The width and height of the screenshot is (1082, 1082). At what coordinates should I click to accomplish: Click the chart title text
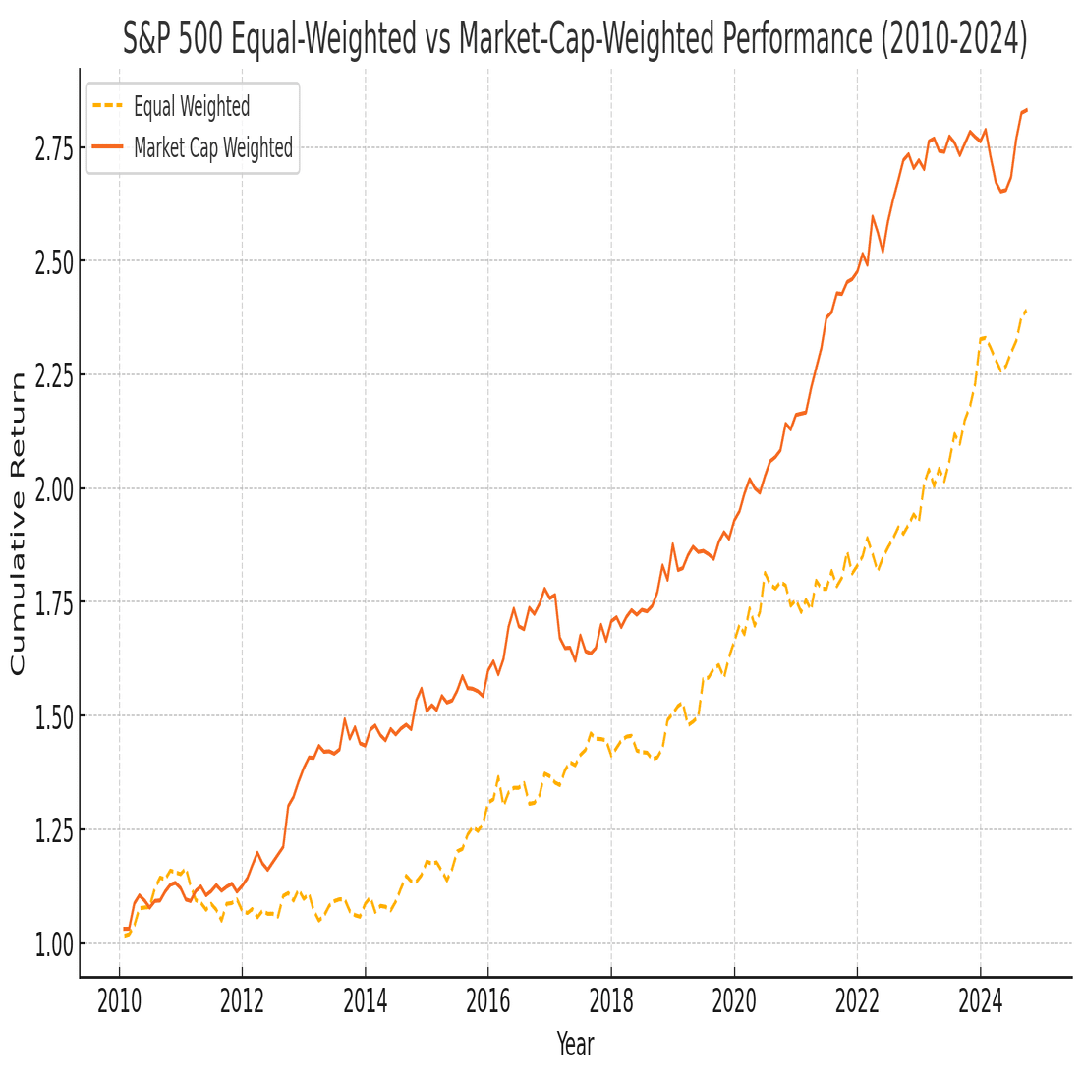coord(575,38)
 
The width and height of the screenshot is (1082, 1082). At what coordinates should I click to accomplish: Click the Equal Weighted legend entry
coord(192,106)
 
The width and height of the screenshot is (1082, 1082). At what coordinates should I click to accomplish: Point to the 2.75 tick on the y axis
coord(54,148)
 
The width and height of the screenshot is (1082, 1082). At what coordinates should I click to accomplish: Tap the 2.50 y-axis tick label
coord(54,262)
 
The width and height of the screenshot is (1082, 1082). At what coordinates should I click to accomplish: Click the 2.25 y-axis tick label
coord(54,375)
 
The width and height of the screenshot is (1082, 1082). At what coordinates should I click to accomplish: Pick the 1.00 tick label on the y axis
coord(54,944)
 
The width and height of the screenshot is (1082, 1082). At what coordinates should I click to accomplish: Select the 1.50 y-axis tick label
coord(54,717)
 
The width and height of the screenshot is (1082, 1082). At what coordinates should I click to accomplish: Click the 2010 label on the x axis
coord(119,1001)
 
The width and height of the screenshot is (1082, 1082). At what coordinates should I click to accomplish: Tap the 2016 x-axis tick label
coord(488,1001)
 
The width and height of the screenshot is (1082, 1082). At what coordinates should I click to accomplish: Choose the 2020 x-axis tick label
coord(734,1001)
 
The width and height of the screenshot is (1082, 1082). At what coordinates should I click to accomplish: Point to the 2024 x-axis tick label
coord(980,1001)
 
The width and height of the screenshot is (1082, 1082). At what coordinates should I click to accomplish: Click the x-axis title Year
coord(575,1044)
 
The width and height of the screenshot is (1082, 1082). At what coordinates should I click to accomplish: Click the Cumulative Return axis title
coord(18,523)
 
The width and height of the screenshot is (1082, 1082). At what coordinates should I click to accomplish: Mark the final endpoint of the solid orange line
coord(1026,110)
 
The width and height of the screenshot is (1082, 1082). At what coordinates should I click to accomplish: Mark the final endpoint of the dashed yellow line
coord(1026,311)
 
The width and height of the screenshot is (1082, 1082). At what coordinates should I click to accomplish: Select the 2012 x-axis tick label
coord(242,1001)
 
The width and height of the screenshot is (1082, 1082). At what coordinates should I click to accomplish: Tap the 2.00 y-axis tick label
coord(54,489)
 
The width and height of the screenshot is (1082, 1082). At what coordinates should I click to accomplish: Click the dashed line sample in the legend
coord(107,106)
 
